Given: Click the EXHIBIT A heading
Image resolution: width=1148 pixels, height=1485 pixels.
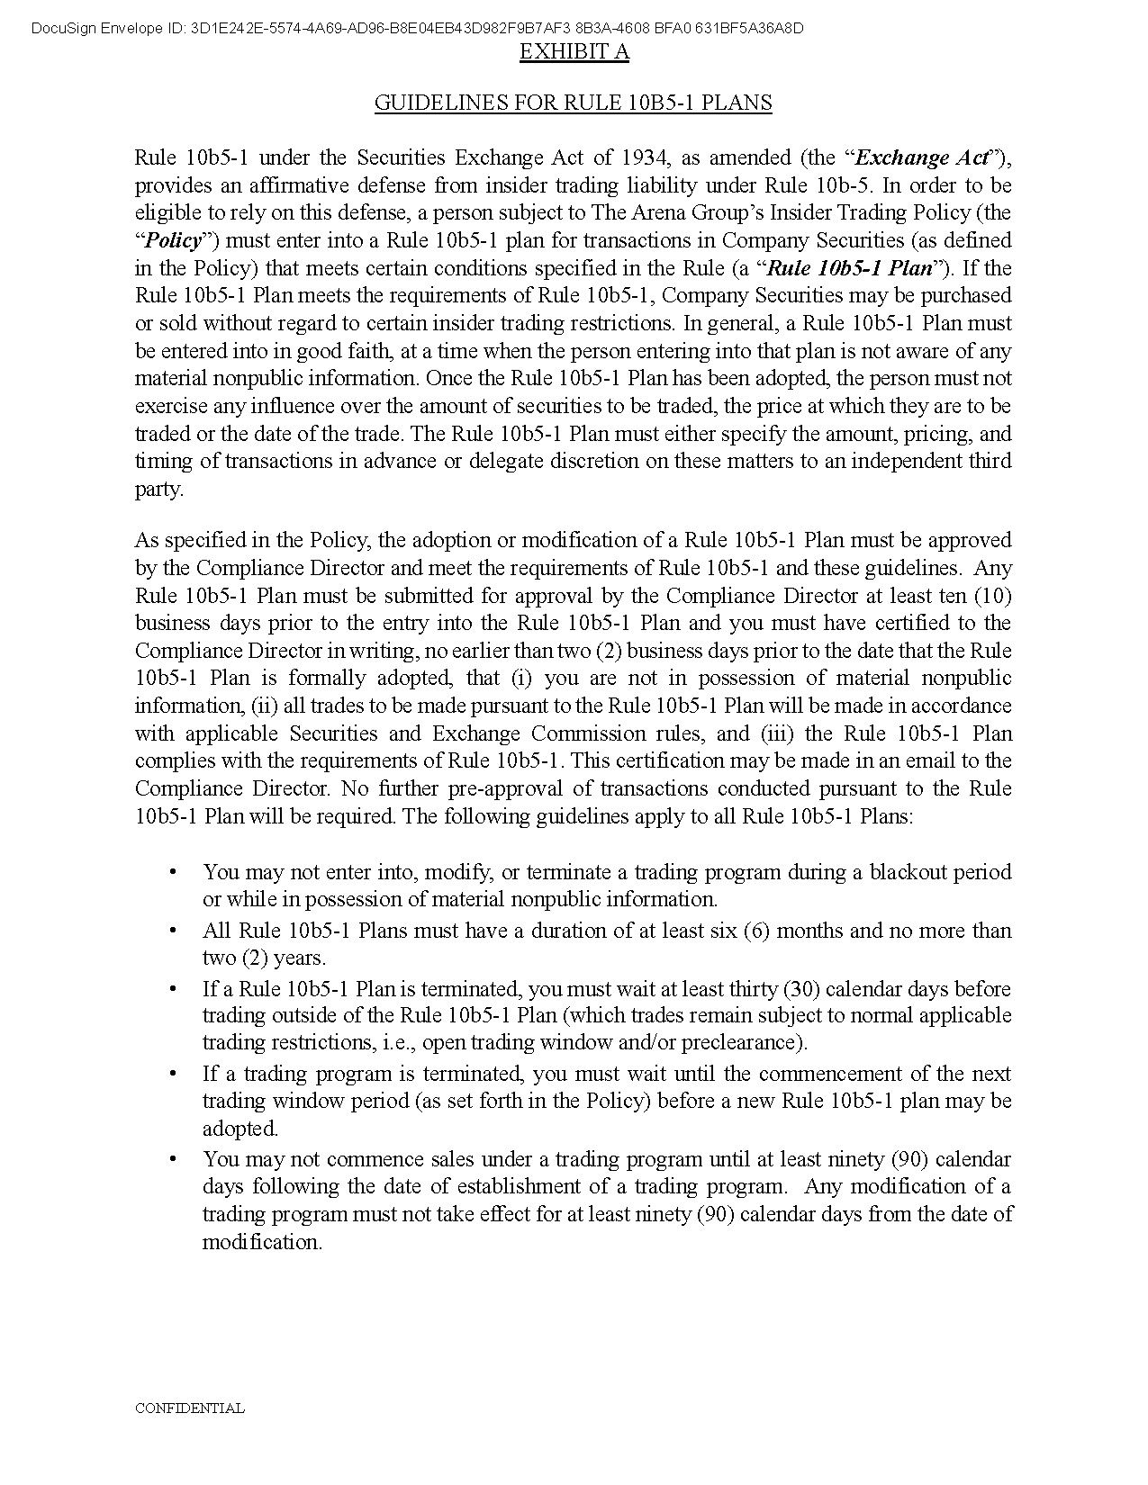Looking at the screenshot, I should [574, 52].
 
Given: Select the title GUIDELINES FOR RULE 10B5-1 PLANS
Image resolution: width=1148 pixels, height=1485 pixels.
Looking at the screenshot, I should [573, 103].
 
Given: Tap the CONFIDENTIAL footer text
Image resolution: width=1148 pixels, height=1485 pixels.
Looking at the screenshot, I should [189, 1408].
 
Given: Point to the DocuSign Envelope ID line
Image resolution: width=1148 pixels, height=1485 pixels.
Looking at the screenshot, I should [417, 28].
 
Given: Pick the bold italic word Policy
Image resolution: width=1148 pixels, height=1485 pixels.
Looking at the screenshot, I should [173, 241].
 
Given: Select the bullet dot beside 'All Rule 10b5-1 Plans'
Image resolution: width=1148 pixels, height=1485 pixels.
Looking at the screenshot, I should [172, 931].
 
